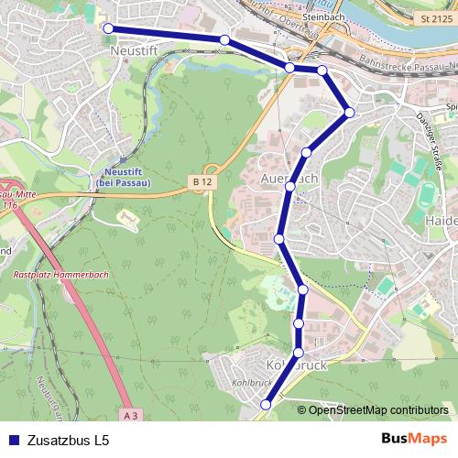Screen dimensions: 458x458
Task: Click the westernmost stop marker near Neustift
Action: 108,29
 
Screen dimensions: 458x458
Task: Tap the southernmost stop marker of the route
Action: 267,404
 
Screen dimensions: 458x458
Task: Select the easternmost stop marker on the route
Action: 349,113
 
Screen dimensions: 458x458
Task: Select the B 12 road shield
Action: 202,183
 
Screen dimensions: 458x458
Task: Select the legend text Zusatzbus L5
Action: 69,440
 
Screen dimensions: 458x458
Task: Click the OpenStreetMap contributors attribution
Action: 378,409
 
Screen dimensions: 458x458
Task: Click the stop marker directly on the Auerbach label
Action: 290,187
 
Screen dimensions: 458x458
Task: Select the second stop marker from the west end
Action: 224,39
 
